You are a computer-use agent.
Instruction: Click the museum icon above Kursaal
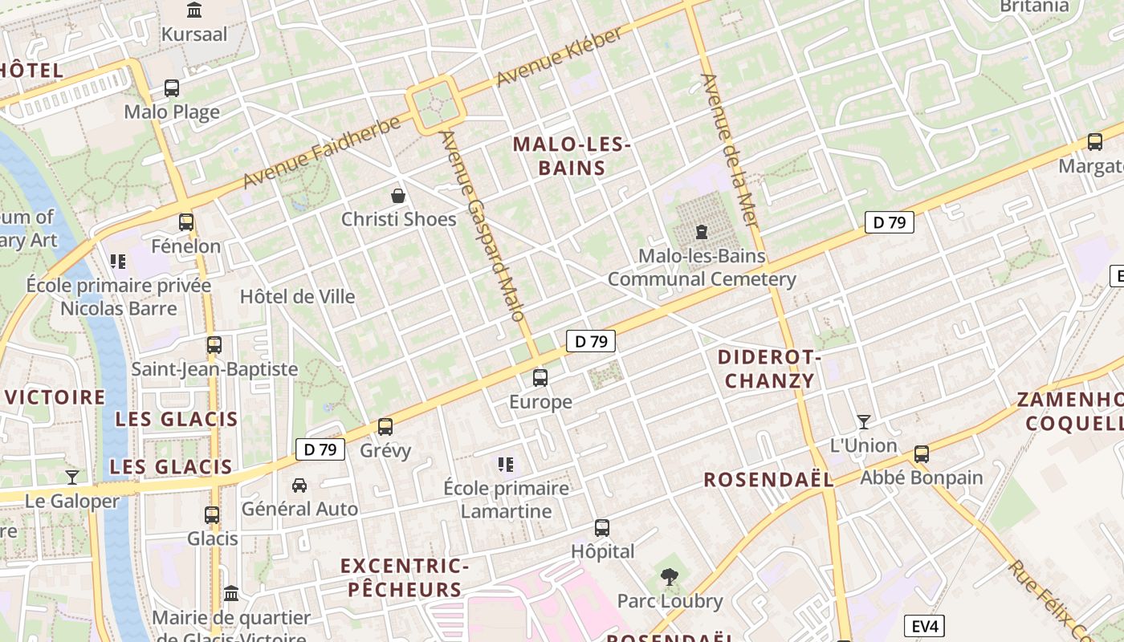194,10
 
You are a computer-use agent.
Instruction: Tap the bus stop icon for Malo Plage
172,88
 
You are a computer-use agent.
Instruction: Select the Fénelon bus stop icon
186,222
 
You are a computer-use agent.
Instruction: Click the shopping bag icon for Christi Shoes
397,195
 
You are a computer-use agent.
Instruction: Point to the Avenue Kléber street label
559,57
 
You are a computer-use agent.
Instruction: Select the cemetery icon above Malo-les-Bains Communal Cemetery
702,233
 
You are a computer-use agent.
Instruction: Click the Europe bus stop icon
540,377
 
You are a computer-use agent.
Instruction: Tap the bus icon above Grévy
385,427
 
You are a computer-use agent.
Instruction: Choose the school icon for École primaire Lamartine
505,464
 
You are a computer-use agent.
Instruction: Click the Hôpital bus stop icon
602,527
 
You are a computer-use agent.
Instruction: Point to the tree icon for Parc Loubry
669,576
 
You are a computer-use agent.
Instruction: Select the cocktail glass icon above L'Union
864,421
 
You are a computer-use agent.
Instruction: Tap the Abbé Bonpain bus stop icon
922,453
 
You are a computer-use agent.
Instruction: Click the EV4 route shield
924,626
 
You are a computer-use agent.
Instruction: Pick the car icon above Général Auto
299,485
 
